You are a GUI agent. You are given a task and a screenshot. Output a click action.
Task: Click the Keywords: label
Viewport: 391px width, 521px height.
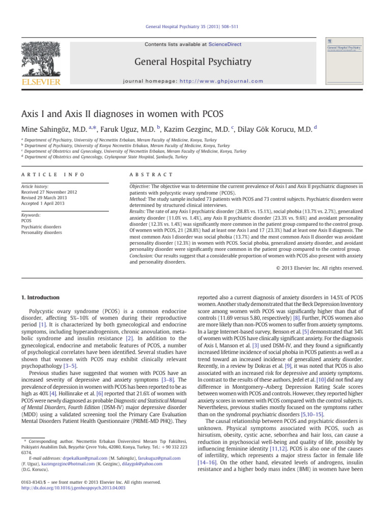tap(32, 216)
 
